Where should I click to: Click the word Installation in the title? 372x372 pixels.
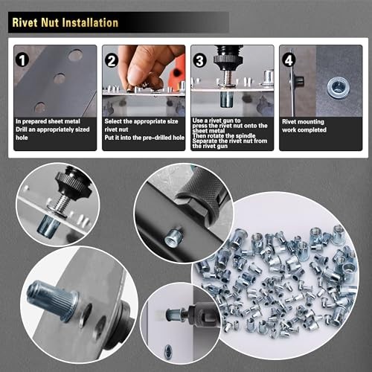[86, 22]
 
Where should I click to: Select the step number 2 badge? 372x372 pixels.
[112, 60]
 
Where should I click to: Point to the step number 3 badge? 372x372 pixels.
[199, 60]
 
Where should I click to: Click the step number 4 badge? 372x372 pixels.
[287, 60]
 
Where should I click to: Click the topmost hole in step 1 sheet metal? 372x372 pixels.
[74, 55]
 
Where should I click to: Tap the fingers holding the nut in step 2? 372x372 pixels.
[141, 71]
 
